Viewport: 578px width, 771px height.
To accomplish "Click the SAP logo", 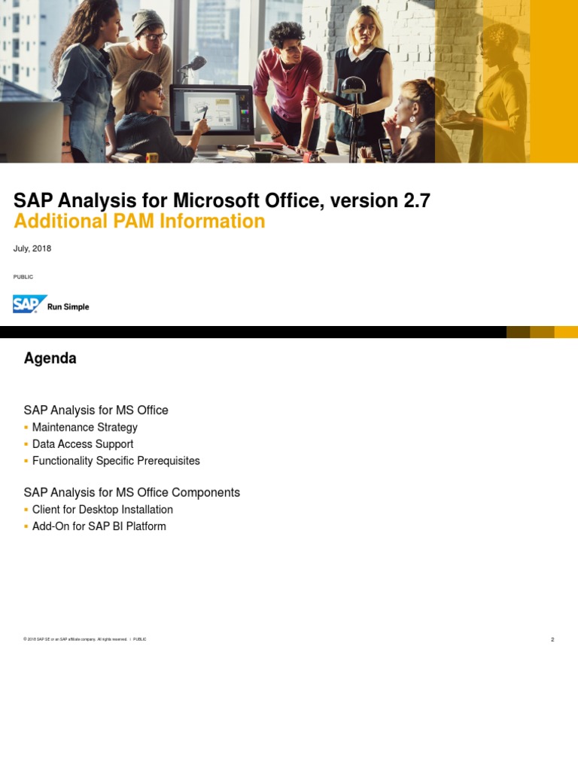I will [30, 304].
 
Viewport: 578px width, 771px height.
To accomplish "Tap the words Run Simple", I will [68, 307].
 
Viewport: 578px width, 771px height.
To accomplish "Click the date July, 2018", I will [32, 248].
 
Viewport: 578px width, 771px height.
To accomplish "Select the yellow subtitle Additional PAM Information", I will [139, 221].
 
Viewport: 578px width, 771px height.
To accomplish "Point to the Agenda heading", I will [50, 358].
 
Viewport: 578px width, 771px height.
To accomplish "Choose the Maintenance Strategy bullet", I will [85, 428].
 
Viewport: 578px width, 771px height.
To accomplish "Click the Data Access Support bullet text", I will [83, 444].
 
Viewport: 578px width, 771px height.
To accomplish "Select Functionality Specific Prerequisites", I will [116, 461].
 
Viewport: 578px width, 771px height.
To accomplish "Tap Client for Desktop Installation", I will [102, 510].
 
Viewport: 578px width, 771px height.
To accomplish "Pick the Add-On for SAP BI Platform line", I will [99, 526].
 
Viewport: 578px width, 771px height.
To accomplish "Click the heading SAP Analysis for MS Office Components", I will [132, 492].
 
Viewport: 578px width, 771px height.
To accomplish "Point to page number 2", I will [552, 640].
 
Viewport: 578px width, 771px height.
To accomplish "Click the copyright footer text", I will [75, 639].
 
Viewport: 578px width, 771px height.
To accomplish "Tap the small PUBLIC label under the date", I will [23, 277].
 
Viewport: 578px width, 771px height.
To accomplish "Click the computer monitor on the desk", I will [211, 109].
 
